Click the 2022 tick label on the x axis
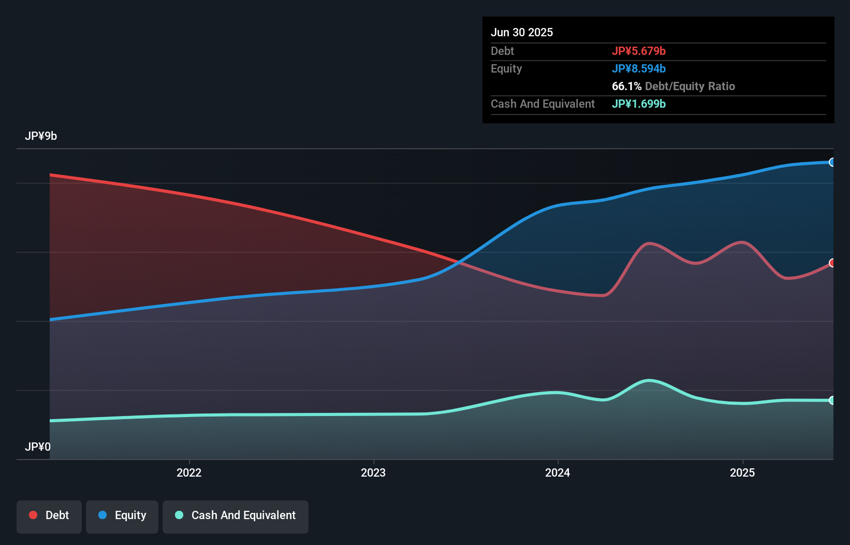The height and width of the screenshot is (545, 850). [x=189, y=472]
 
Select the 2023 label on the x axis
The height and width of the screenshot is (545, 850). [x=373, y=472]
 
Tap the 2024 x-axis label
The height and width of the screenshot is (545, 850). [x=558, y=472]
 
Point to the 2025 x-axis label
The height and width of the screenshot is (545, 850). [x=742, y=472]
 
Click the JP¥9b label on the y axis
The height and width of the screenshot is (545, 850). [x=41, y=136]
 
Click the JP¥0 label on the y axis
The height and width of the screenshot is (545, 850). [x=38, y=447]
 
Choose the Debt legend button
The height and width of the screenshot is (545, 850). [x=49, y=515]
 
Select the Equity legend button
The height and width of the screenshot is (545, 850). [x=122, y=515]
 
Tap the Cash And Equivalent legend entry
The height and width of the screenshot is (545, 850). [x=236, y=515]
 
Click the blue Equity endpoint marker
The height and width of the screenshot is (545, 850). [x=832, y=162]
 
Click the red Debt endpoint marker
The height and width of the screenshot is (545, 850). [x=832, y=263]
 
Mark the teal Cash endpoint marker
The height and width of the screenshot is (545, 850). [x=832, y=400]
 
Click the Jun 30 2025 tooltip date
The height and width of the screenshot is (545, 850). [x=522, y=32]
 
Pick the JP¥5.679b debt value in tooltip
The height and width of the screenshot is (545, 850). [x=639, y=51]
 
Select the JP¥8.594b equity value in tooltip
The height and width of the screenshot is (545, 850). [x=639, y=68]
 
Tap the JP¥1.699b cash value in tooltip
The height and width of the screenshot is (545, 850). [x=639, y=104]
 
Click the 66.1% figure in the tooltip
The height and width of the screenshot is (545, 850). [x=626, y=86]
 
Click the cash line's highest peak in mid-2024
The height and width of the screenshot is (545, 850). [x=649, y=381]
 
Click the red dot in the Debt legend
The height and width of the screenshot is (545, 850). [x=33, y=515]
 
